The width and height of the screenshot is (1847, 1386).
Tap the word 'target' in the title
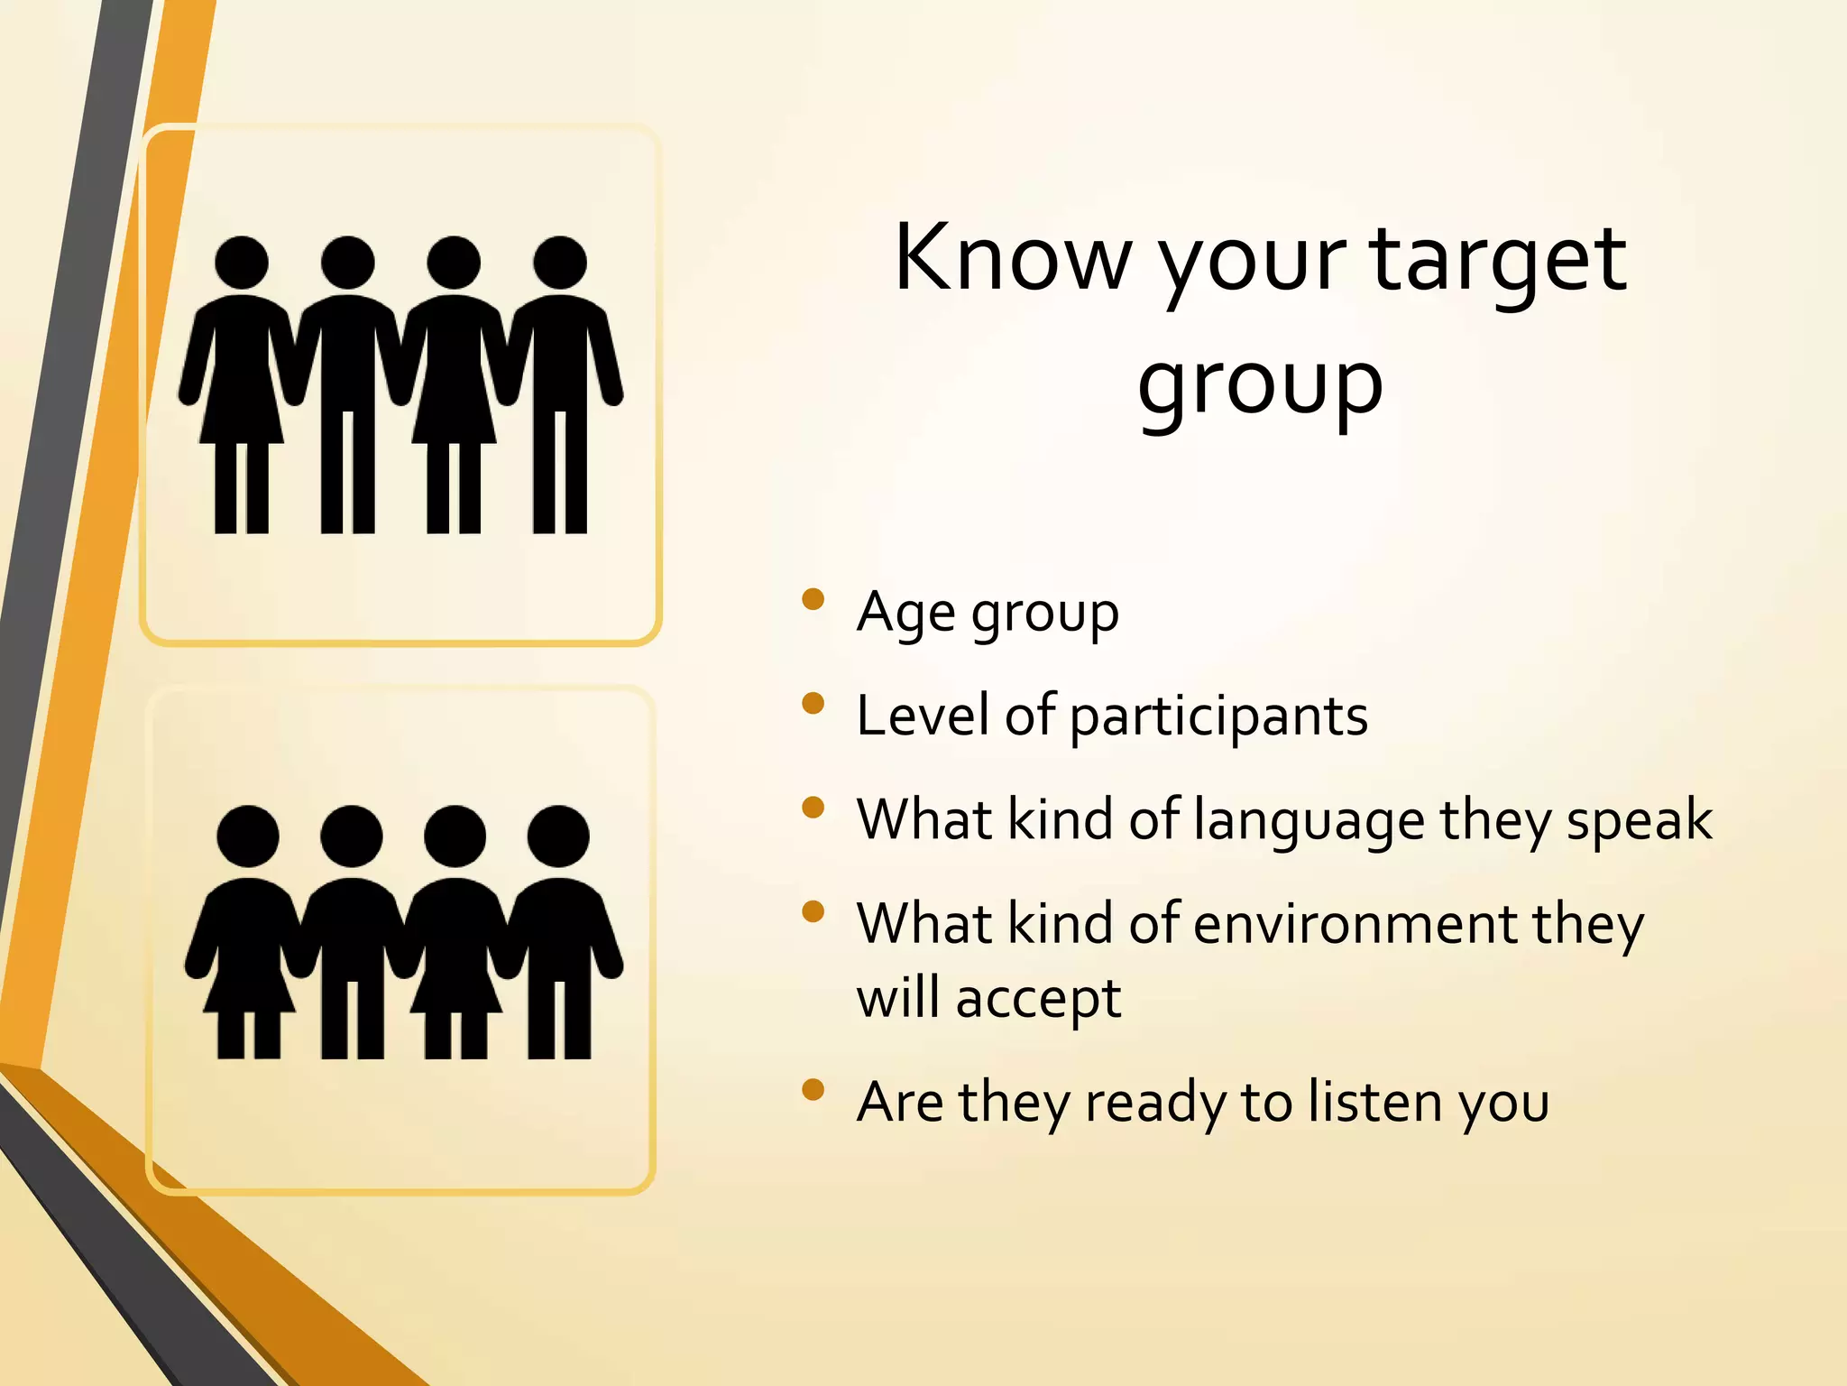pyautogui.click(x=1499, y=262)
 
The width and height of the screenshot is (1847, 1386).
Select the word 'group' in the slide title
pyautogui.click(x=1260, y=386)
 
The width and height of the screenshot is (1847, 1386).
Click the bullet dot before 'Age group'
pyautogui.click(x=813, y=599)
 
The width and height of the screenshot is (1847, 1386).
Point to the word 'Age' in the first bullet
pyautogui.click(x=905, y=614)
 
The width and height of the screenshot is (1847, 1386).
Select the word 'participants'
pyautogui.click(x=1218, y=718)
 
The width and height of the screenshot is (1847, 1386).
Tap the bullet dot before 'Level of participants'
pyautogui.click(x=813, y=703)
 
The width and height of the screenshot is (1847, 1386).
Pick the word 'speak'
pyautogui.click(x=1639, y=821)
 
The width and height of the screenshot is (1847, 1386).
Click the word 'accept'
pyautogui.click(x=1038, y=1000)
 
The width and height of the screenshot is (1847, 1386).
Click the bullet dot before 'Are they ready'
pyautogui.click(x=813, y=1089)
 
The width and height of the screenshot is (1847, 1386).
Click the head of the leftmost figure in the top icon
pyautogui.click(x=242, y=263)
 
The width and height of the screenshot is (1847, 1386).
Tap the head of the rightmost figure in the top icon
pyautogui.click(x=560, y=263)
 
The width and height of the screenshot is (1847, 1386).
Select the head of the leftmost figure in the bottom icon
pyautogui.click(x=248, y=836)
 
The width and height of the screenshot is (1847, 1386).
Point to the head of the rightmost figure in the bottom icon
pyautogui.click(x=558, y=836)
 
